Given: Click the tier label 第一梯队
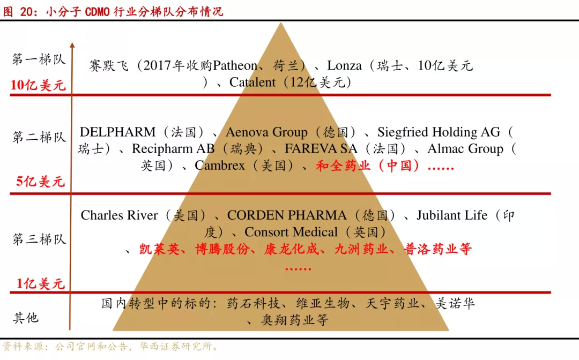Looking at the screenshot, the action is (x=39, y=59).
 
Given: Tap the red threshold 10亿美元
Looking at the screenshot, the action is (x=38, y=85).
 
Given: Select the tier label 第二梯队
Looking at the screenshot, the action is (x=39, y=137).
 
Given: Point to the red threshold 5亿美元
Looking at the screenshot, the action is (x=40, y=182).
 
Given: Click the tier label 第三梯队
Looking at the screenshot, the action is (x=39, y=239).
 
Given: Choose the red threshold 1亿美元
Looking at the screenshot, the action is (x=40, y=283).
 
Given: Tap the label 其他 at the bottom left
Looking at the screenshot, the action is (x=26, y=318).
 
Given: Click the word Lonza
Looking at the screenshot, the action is (x=344, y=66).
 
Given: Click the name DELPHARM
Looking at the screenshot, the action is (x=117, y=132).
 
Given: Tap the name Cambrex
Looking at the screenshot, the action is (x=220, y=166).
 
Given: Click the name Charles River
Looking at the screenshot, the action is (x=119, y=215).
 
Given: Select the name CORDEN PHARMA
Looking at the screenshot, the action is (x=287, y=215).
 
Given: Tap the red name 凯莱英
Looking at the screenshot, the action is (x=159, y=249).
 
